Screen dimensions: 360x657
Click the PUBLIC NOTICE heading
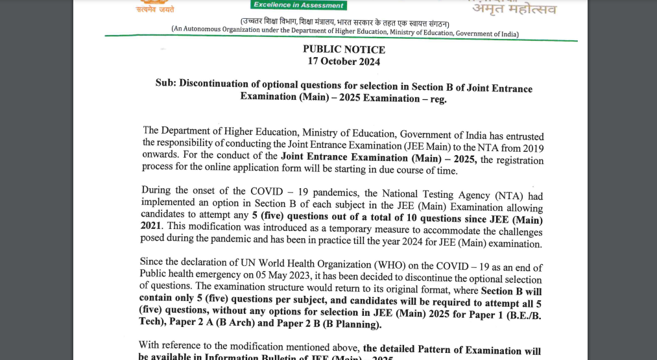pos(344,49)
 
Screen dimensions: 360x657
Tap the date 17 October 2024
pos(344,62)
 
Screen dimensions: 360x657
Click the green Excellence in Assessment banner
pos(298,5)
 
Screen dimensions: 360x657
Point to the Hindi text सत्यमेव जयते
pos(154,10)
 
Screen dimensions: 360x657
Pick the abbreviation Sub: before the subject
pos(165,84)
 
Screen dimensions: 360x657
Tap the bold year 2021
pos(151,226)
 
